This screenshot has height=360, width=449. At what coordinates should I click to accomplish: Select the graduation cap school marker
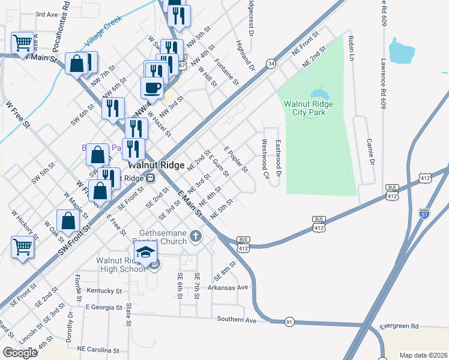pyautogui.click(x=146, y=253)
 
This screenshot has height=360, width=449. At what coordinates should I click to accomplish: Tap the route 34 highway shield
pyautogui.click(x=271, y=63)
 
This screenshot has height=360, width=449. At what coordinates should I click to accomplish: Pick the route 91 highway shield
pyautogui.click(x=289, y=322)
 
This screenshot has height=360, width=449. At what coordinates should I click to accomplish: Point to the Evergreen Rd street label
pyautogui.click(x=399, y=326)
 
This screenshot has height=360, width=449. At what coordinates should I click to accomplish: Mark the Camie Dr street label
pyautogui.click(x=370, y=153)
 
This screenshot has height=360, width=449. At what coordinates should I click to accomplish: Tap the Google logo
pyautogui.click(x=20, y=352)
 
